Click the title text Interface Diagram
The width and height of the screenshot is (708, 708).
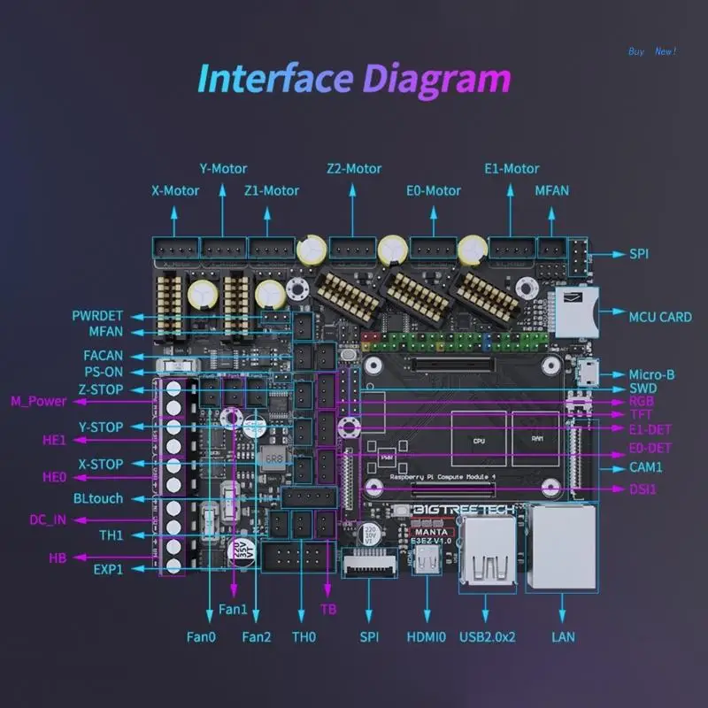coord(354,79)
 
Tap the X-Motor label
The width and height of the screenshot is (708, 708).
coord(176,190)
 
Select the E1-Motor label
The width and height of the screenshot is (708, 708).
coord(512,168)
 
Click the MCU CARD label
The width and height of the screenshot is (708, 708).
coord(660,317)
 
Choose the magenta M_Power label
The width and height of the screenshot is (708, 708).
coord(38,401)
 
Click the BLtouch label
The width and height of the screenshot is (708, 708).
coord(98,498)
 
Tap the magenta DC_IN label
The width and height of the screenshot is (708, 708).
coord(48,519)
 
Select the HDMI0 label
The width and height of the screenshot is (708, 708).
coord(426,635)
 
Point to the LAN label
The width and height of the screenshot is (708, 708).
coord(563,635)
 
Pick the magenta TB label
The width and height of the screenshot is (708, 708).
coord(328,609)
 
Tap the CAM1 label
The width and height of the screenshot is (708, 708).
coord(645,467)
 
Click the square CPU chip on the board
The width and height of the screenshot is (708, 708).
coord(478,439)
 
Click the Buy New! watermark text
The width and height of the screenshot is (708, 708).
coord(652,51)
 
